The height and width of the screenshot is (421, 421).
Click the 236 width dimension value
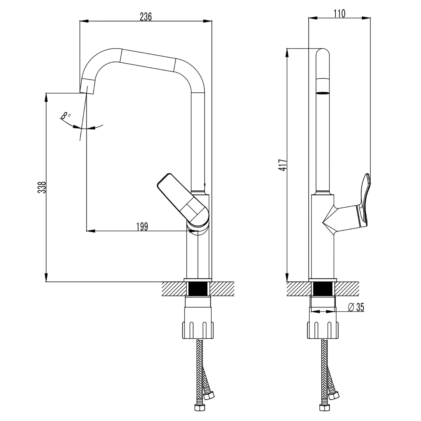click(146, 17)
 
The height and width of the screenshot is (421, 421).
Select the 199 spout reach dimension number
click(142, 226)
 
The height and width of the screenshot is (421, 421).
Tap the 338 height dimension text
click(42, 187)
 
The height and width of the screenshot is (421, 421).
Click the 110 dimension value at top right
click(340, 13)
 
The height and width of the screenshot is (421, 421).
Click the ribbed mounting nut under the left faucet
click(198, 330)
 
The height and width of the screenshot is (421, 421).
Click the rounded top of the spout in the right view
click(322, 53)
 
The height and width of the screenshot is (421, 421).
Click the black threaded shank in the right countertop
click(322, 289)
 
